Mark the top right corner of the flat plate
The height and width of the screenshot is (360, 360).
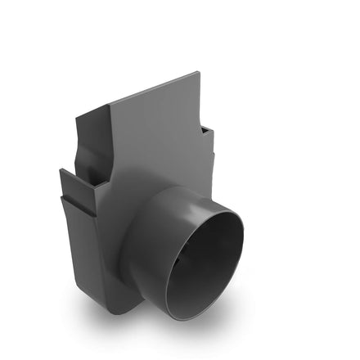point(198,74)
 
